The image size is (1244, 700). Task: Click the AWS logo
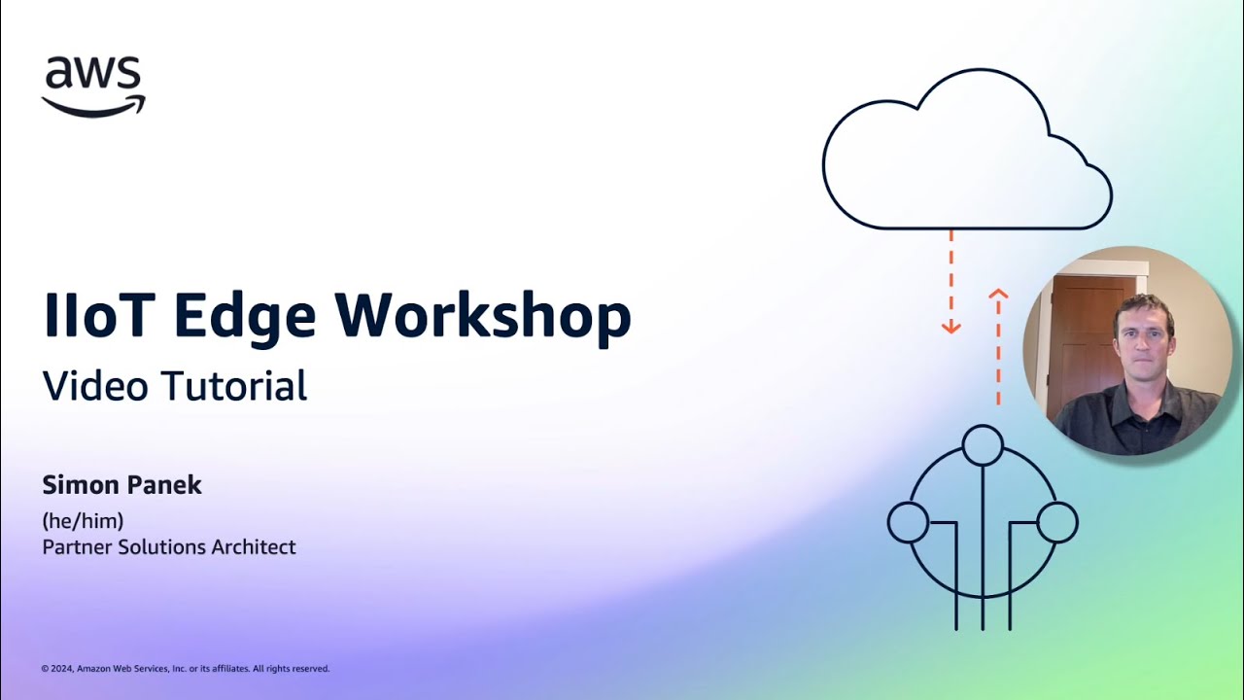[93, 86]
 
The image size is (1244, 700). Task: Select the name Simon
[79, 486]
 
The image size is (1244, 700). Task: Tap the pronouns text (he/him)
[83, 521]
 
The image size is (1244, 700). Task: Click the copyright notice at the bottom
[186, 669]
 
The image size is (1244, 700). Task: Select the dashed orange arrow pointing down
[950, 282]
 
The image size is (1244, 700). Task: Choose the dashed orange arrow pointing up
[998, 345]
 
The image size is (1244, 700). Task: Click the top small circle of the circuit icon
[983, 445]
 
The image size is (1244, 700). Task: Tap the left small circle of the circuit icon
[908, 522]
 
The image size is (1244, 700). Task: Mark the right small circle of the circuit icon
[1057, 522]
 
